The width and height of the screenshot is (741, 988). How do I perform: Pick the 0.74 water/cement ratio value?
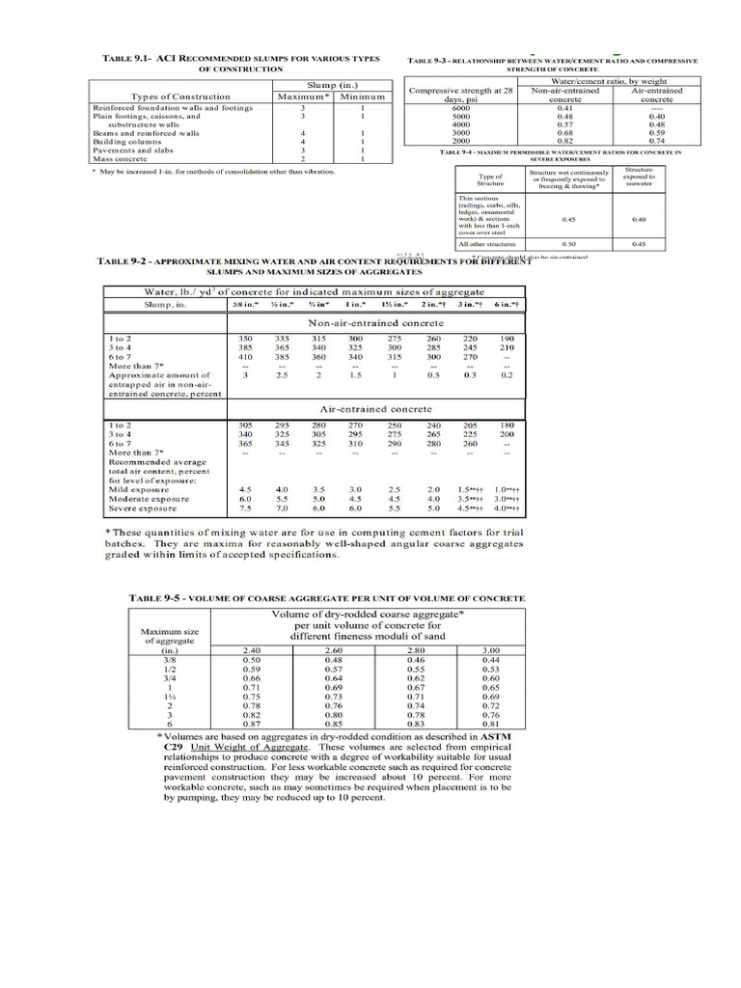coord(657,140)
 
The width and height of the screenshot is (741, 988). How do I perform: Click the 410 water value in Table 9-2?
coord(237,357)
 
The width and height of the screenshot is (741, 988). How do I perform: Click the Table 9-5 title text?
coord(327,598)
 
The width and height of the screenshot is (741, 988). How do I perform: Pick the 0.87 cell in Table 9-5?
coord(251,723)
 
